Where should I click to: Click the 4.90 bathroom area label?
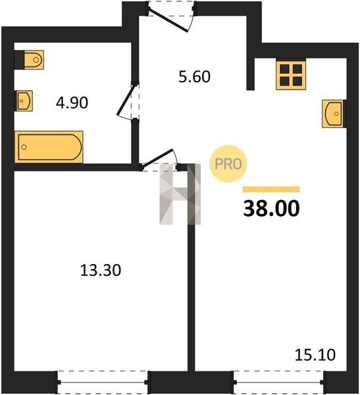click(72, 103)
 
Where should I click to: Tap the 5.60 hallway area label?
click(195, 76)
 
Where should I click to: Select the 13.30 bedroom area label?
click(101, 271)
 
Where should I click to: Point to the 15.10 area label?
click(315, 355)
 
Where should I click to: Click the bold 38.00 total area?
click(271, 208)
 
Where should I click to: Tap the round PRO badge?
click(228, 164)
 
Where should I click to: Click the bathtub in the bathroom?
click(49, 147)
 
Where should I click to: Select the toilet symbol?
click(34, 60)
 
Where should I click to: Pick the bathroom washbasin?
click(25, 101)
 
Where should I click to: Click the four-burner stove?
click(291, 75)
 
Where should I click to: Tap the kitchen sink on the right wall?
click(332, 114)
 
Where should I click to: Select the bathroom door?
click(128, 101)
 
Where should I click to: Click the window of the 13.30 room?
click(103, 382)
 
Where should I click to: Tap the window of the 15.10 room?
click(278, 382)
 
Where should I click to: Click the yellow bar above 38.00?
click(271, 189)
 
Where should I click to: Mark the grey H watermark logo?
click(180, 194)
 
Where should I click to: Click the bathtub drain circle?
click(24, 147)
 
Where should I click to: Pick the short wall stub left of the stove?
click(250, 74)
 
